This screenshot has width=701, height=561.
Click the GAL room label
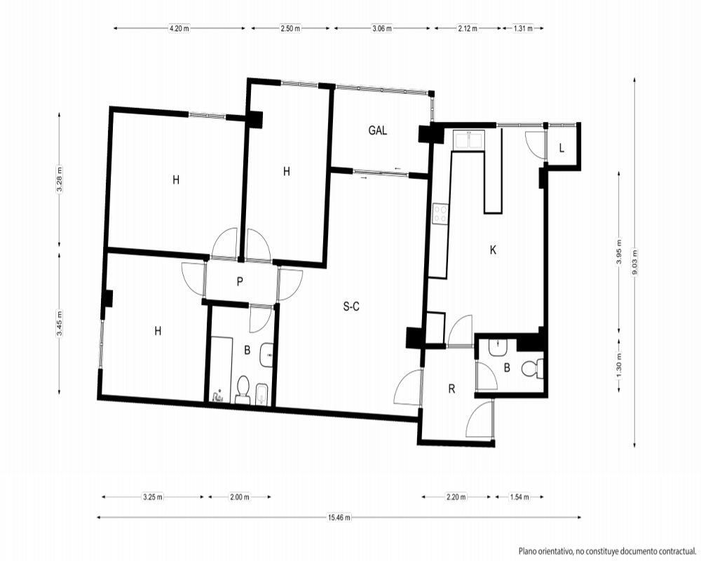[377, 130]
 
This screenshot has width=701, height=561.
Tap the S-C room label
[351, 306]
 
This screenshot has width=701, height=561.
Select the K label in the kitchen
[493, 250]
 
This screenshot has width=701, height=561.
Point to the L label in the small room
[562, 148]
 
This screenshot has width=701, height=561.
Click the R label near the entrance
[451, 389]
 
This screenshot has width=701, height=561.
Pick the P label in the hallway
[240, 282]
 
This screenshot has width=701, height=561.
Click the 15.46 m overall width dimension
[339, 518]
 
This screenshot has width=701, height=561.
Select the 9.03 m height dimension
[634, 262]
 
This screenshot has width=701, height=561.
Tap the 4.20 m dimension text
[179, 28]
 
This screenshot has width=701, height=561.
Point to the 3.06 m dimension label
[382, 28]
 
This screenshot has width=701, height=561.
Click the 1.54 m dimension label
[519, 497]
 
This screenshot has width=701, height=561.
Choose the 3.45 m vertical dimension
[60, 323]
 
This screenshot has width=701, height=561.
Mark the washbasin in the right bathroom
[498, 348]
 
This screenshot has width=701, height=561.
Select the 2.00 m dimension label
[240, 497]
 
